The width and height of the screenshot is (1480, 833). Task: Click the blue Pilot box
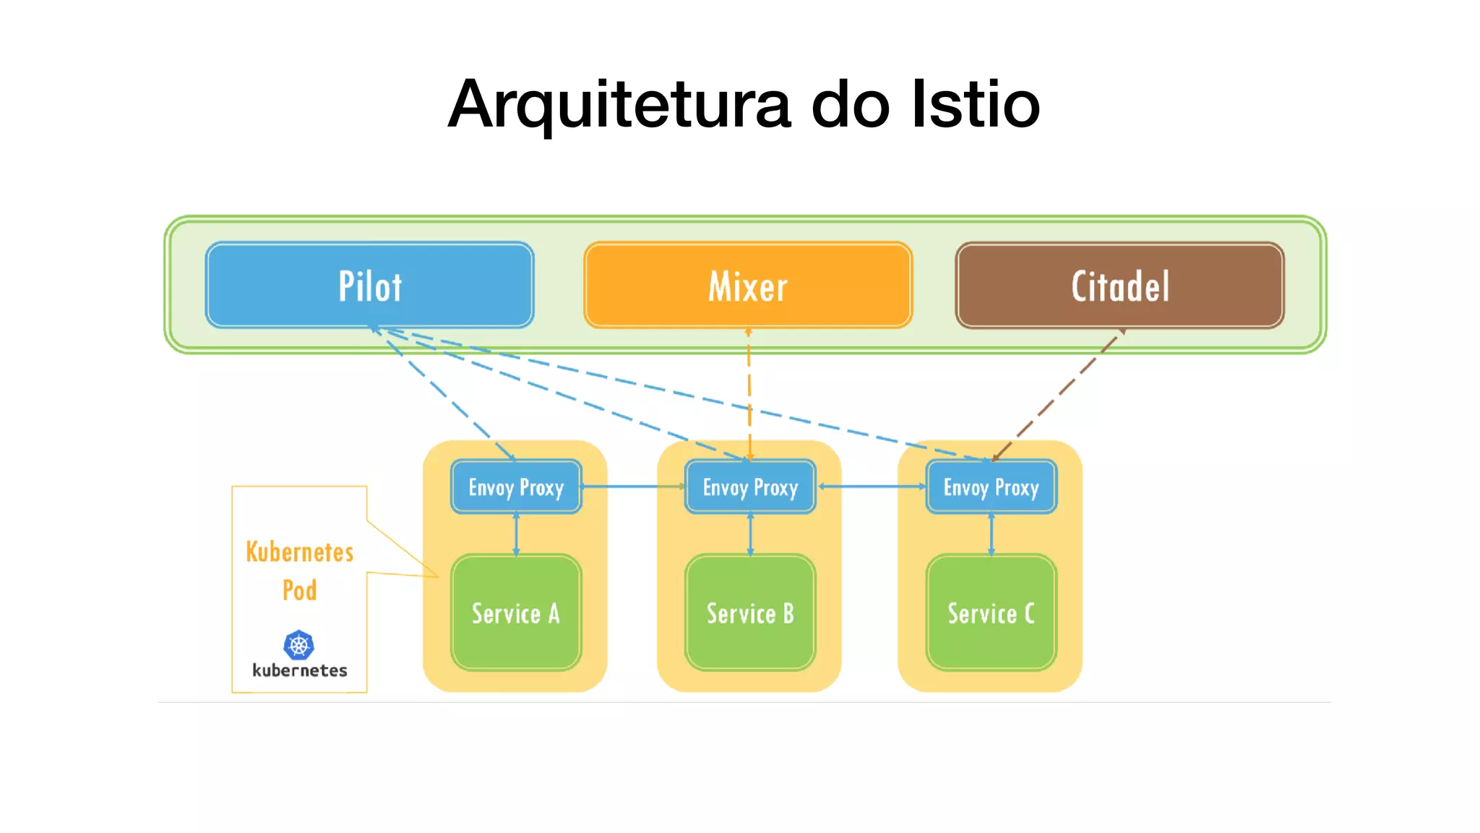(x=369, y=286)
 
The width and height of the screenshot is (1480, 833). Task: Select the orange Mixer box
(x=748, y=286)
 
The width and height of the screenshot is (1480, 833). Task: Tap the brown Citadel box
(x=1119, y=286)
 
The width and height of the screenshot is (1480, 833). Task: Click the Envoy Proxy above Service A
(x=516, y=487)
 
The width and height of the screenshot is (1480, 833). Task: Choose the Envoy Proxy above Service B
(x=750, y=487)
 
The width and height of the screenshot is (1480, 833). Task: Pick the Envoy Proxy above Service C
(x=991, y=487)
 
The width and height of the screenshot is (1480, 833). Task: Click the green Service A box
(x=516, y=613)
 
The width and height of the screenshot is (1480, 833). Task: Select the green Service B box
(x=750, y=613)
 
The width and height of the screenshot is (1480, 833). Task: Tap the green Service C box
(x=991, y=613)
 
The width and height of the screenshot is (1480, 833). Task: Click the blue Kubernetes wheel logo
(x=299, y=644)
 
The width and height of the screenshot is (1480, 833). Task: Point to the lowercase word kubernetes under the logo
(x=299, y=671)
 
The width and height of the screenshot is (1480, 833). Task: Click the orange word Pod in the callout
(x=299, y=590)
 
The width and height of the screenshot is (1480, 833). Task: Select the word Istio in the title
(x=976, y=105)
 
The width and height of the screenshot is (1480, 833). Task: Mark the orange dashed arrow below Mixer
(x=749, y=394)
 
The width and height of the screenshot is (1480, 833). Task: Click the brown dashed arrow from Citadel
(x=1058, y=395)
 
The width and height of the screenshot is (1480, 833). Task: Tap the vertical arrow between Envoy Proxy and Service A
(x=516, y=534)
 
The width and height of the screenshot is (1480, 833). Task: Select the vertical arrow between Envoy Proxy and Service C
(x=991, y=534)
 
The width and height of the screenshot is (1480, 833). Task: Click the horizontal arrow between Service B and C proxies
(x=871, y=487)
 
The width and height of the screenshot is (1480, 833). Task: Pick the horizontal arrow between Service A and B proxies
(x=633, y=487)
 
